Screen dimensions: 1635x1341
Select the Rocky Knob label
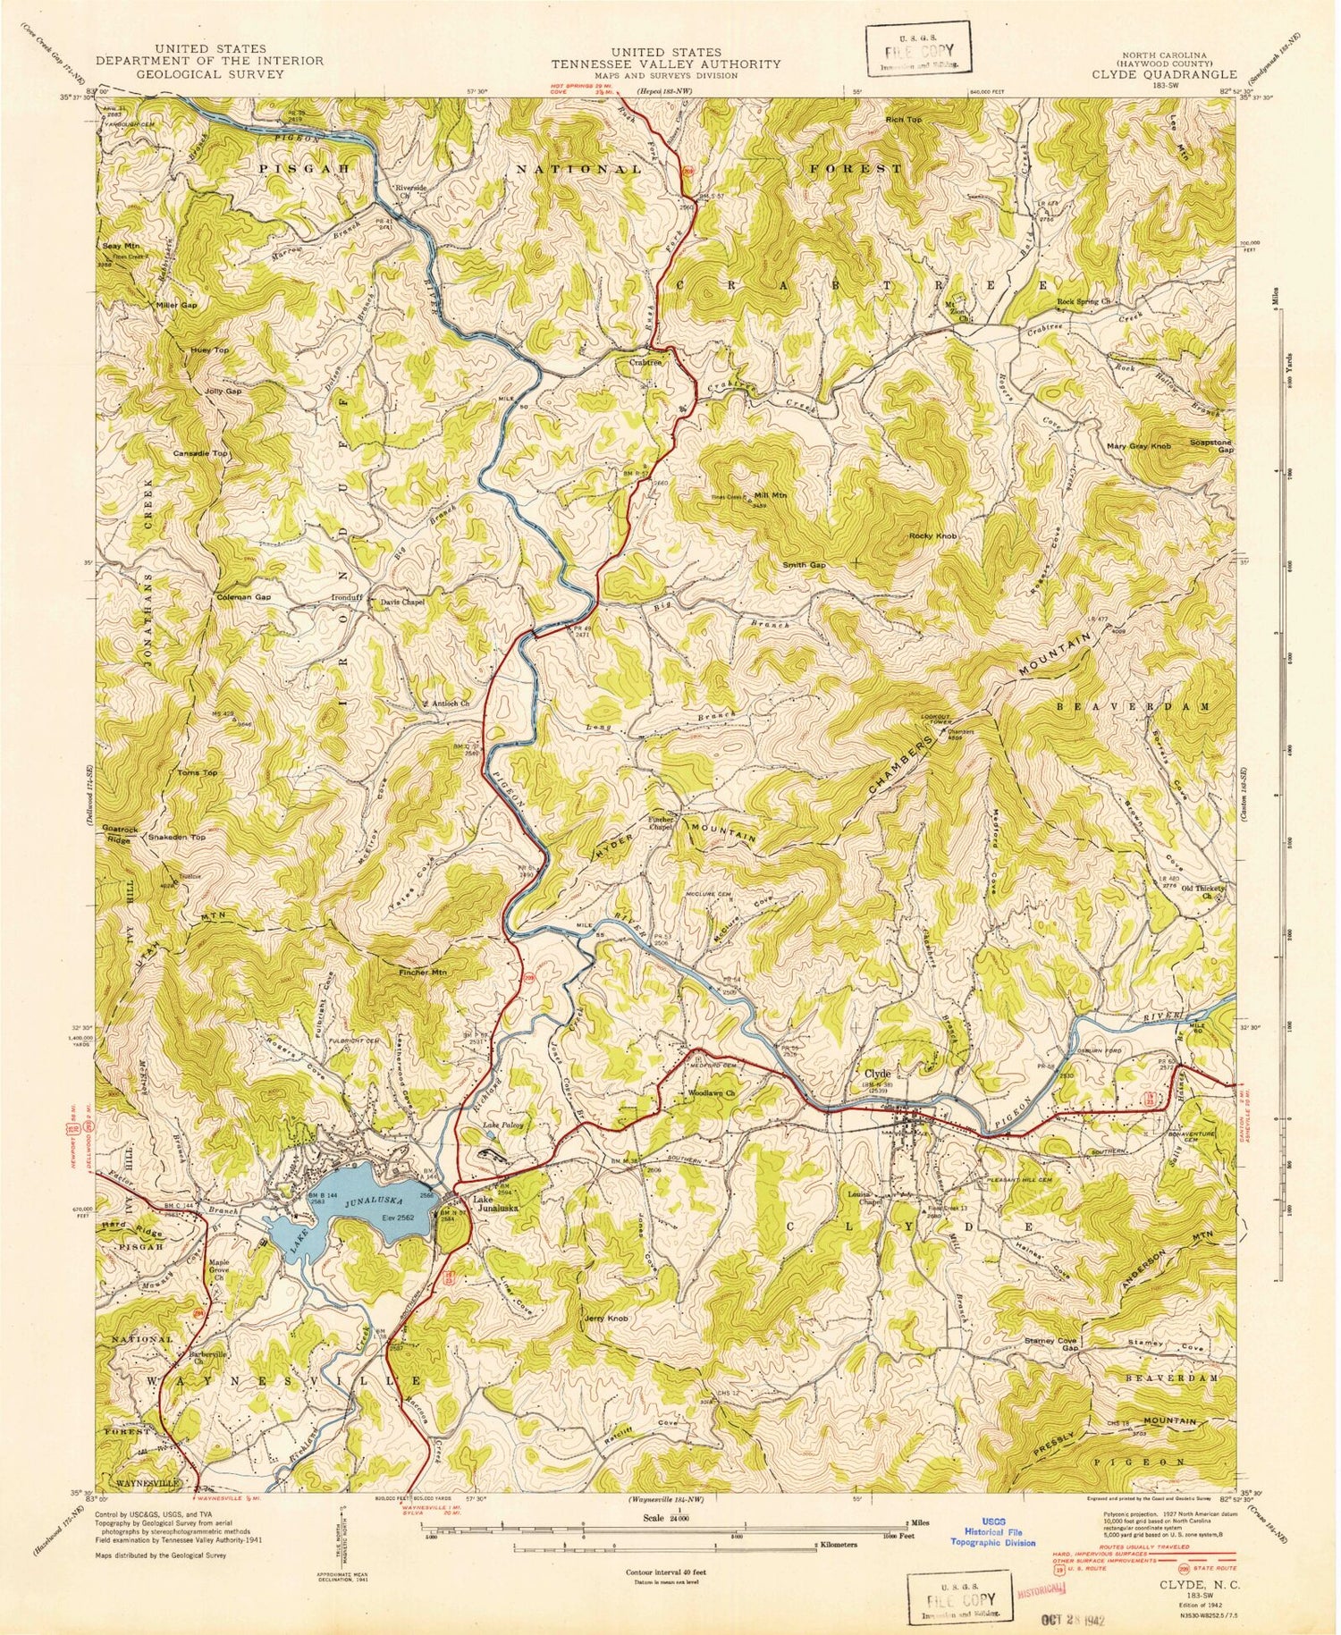[932, 535]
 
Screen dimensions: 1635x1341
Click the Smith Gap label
[805, 565]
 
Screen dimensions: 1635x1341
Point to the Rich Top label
[902, 119]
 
